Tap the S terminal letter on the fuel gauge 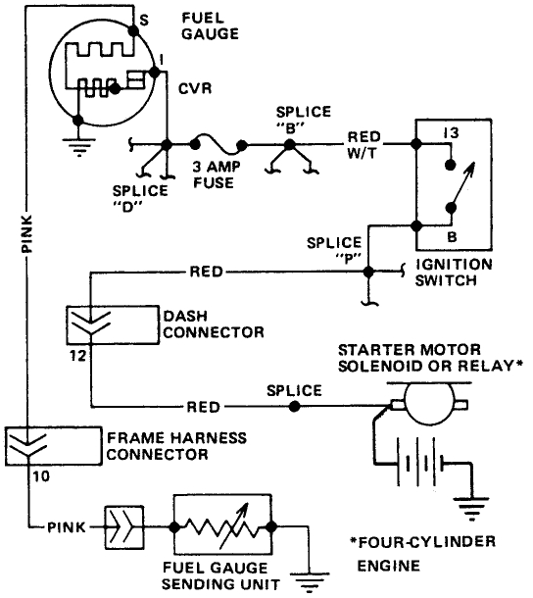click(145, 19)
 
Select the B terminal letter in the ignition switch click(451, 236)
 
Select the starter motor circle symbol click(429, 404)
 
